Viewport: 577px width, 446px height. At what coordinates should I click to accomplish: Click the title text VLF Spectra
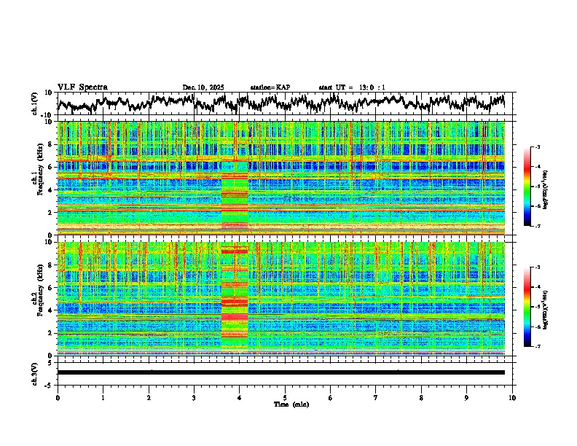click(82, 87)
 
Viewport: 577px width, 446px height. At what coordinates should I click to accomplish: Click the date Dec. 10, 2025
click(203, 87)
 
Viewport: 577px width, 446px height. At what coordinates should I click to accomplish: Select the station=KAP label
click(270, 87)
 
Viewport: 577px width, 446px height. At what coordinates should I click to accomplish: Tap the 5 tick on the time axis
click(285, 397)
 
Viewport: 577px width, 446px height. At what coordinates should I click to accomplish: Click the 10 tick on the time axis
click(512, 397)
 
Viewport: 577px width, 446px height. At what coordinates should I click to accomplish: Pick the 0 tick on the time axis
click(58, 397)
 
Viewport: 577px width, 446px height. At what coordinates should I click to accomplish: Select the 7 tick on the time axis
click(376, 397)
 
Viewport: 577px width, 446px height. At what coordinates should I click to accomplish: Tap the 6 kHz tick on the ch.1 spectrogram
click(52, 167)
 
